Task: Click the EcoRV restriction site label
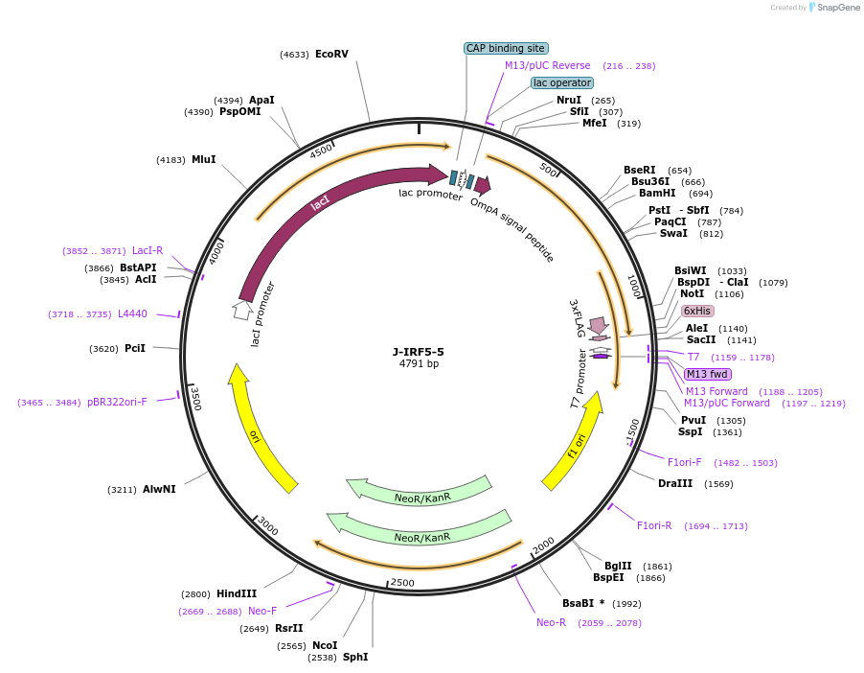pos(331,55)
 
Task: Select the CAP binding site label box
pos(506,48)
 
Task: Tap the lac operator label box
pos(562,82)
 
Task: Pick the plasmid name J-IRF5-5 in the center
pos(419,351)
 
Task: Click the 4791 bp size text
pos(419,363)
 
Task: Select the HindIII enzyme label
pos(237,594)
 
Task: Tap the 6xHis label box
pos(696,311)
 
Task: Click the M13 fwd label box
pos(707,374)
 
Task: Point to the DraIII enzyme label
pos(675,484)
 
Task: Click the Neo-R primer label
pos(551,622)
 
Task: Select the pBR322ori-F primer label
pos(117,403)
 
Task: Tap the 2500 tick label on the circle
pos(402,583)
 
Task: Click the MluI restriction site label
pos(203,159)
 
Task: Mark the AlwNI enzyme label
pos(159,490)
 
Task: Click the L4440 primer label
pos(132,314)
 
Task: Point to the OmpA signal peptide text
pos(512,231)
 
